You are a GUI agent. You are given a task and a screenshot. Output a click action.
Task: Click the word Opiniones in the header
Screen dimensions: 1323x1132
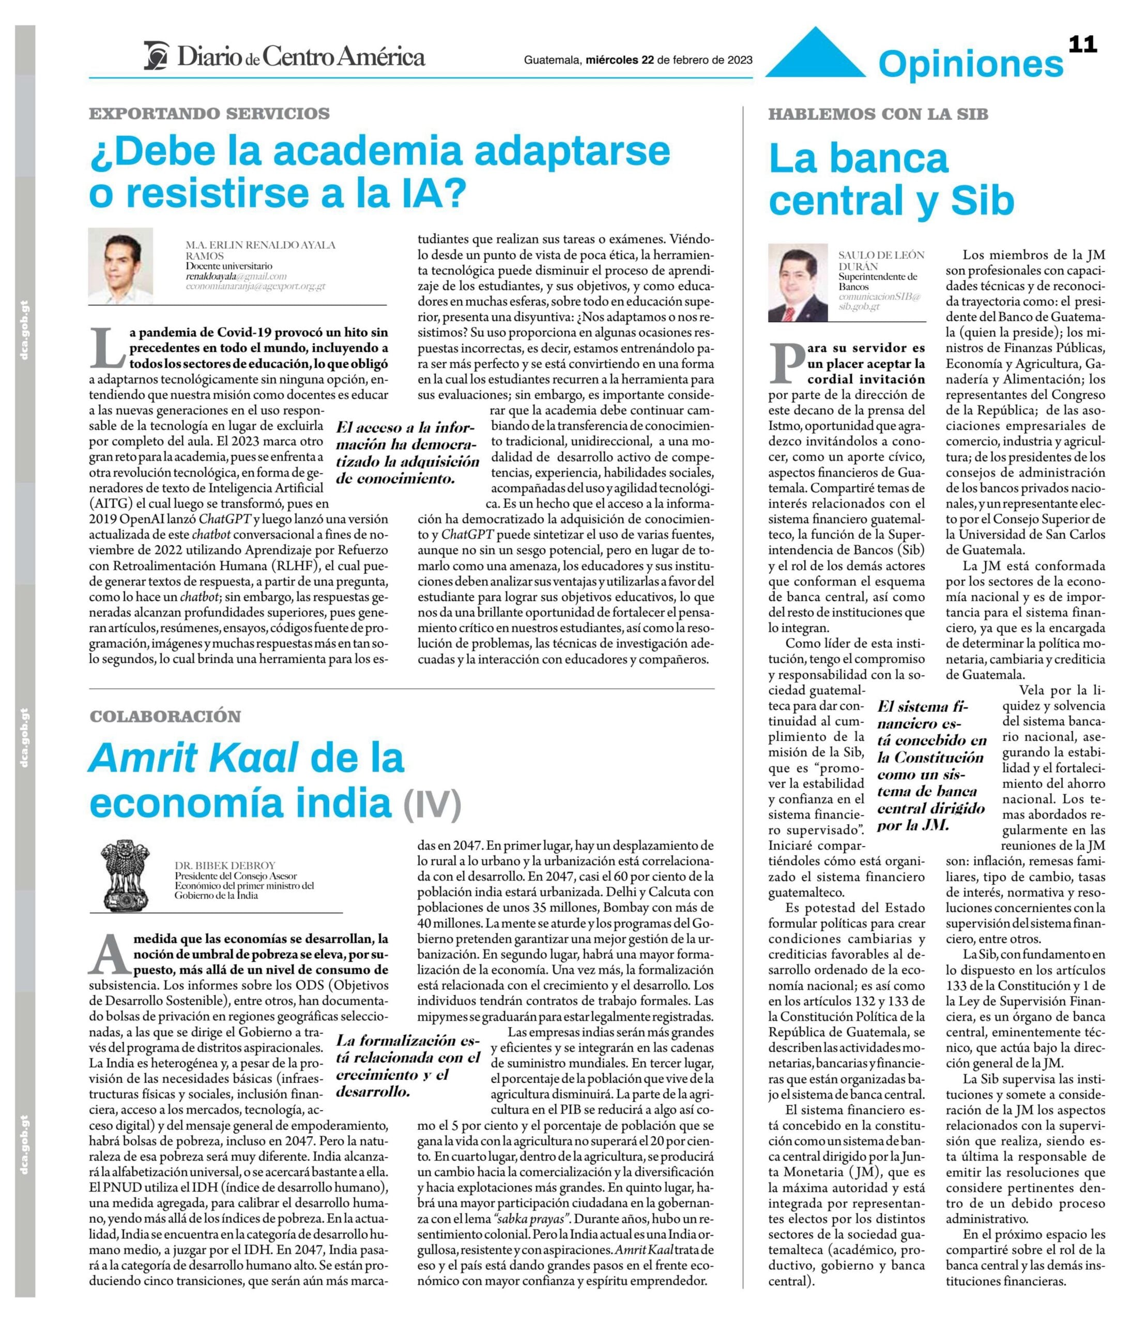tap(970, 65)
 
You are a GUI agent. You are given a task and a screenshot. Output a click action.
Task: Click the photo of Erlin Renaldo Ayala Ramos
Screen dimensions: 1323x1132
tap(120, 265)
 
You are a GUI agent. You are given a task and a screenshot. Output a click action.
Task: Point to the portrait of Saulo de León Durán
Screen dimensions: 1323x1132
tap(798, 282)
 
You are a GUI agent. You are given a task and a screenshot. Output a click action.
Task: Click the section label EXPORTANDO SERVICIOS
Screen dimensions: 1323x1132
tap(209, 114)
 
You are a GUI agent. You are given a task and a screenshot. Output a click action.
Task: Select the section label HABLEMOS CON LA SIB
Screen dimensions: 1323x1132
tap(878, 114)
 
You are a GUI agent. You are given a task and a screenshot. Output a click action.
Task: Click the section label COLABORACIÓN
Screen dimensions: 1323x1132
tap(165, 716)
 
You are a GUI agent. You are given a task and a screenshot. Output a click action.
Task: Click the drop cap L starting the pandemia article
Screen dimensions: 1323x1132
tap(108, 347)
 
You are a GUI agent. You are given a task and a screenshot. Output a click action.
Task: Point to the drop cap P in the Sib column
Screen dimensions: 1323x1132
tap(786, 363)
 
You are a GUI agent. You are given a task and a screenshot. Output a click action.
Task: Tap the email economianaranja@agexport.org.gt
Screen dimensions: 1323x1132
tap(255, 286)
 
